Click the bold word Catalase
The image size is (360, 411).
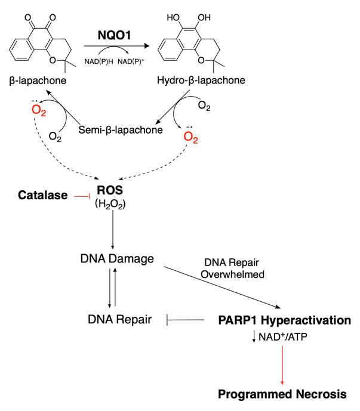click(x=42, y=195)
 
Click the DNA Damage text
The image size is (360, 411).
click(x=116, y=259)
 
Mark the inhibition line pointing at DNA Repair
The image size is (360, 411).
click(x=184, y=320)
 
